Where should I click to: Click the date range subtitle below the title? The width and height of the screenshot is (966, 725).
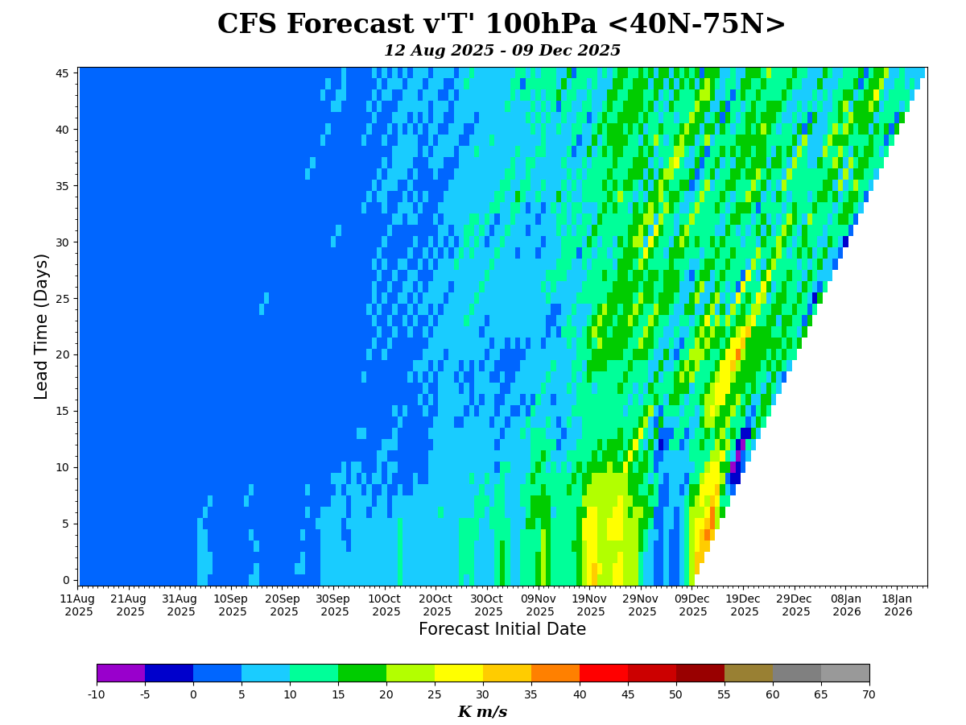tap(502, 51)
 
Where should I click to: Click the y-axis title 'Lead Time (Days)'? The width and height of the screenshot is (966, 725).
tap(42, 325)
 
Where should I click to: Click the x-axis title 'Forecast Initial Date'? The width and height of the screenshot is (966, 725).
tap(502, 629)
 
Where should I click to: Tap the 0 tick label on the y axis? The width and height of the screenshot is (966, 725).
tap(66, 580)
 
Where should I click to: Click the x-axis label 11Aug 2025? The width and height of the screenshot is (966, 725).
tap(77, 605)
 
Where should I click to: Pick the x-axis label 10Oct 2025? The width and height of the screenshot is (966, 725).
tap(385, 605)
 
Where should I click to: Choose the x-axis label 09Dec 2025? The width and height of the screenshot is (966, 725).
tap(692, 605)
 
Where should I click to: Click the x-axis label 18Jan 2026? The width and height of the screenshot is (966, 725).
tap(898, 605)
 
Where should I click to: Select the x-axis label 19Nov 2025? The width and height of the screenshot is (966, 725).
tap(590, 605)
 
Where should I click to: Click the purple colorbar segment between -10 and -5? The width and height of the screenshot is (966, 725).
tap(121, 673)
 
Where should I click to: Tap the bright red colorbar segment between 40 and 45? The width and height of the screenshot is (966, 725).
tap(604, 673)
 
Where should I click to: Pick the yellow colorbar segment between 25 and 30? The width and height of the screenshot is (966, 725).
tap(459, 673)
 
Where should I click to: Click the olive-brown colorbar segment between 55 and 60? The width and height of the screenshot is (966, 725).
tap(749, 673)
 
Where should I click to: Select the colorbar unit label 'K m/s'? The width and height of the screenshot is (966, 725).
tap(482, 712)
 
